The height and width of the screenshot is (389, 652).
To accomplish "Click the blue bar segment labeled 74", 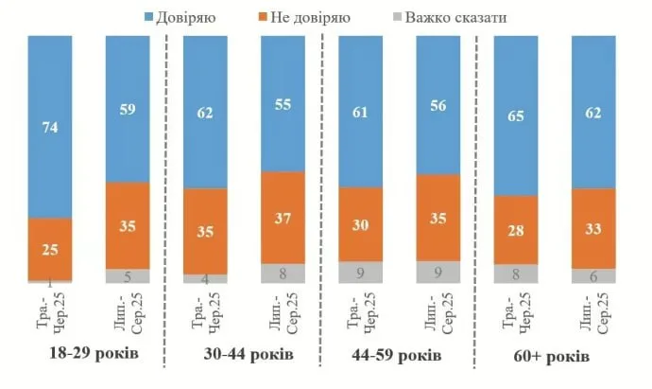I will click(x=50, y=127).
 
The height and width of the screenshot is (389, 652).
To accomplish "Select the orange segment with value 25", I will click(x=50, y=249).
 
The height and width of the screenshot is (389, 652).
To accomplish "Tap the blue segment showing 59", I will click(x=127, y=109).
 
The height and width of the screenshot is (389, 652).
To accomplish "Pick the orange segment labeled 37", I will click(x=282, y=218).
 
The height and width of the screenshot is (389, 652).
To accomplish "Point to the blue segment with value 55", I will click(x=282, y=103).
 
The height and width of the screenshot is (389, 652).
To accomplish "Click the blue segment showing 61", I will click(x=359, y=111).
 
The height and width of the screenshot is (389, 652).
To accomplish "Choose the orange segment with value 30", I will click(x=359, y=223).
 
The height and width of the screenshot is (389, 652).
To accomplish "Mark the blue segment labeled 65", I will click(x=515, y=115).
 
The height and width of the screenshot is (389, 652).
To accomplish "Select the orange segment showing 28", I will click(x=515, y=229).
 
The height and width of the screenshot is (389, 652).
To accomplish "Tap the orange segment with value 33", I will click(x=592, y=228).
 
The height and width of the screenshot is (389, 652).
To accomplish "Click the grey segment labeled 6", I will click(x=592, y=275).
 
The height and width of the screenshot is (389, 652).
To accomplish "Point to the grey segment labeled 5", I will click(x=127, y=276).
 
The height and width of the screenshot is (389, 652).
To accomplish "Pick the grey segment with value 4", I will click(x=204, y=278).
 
